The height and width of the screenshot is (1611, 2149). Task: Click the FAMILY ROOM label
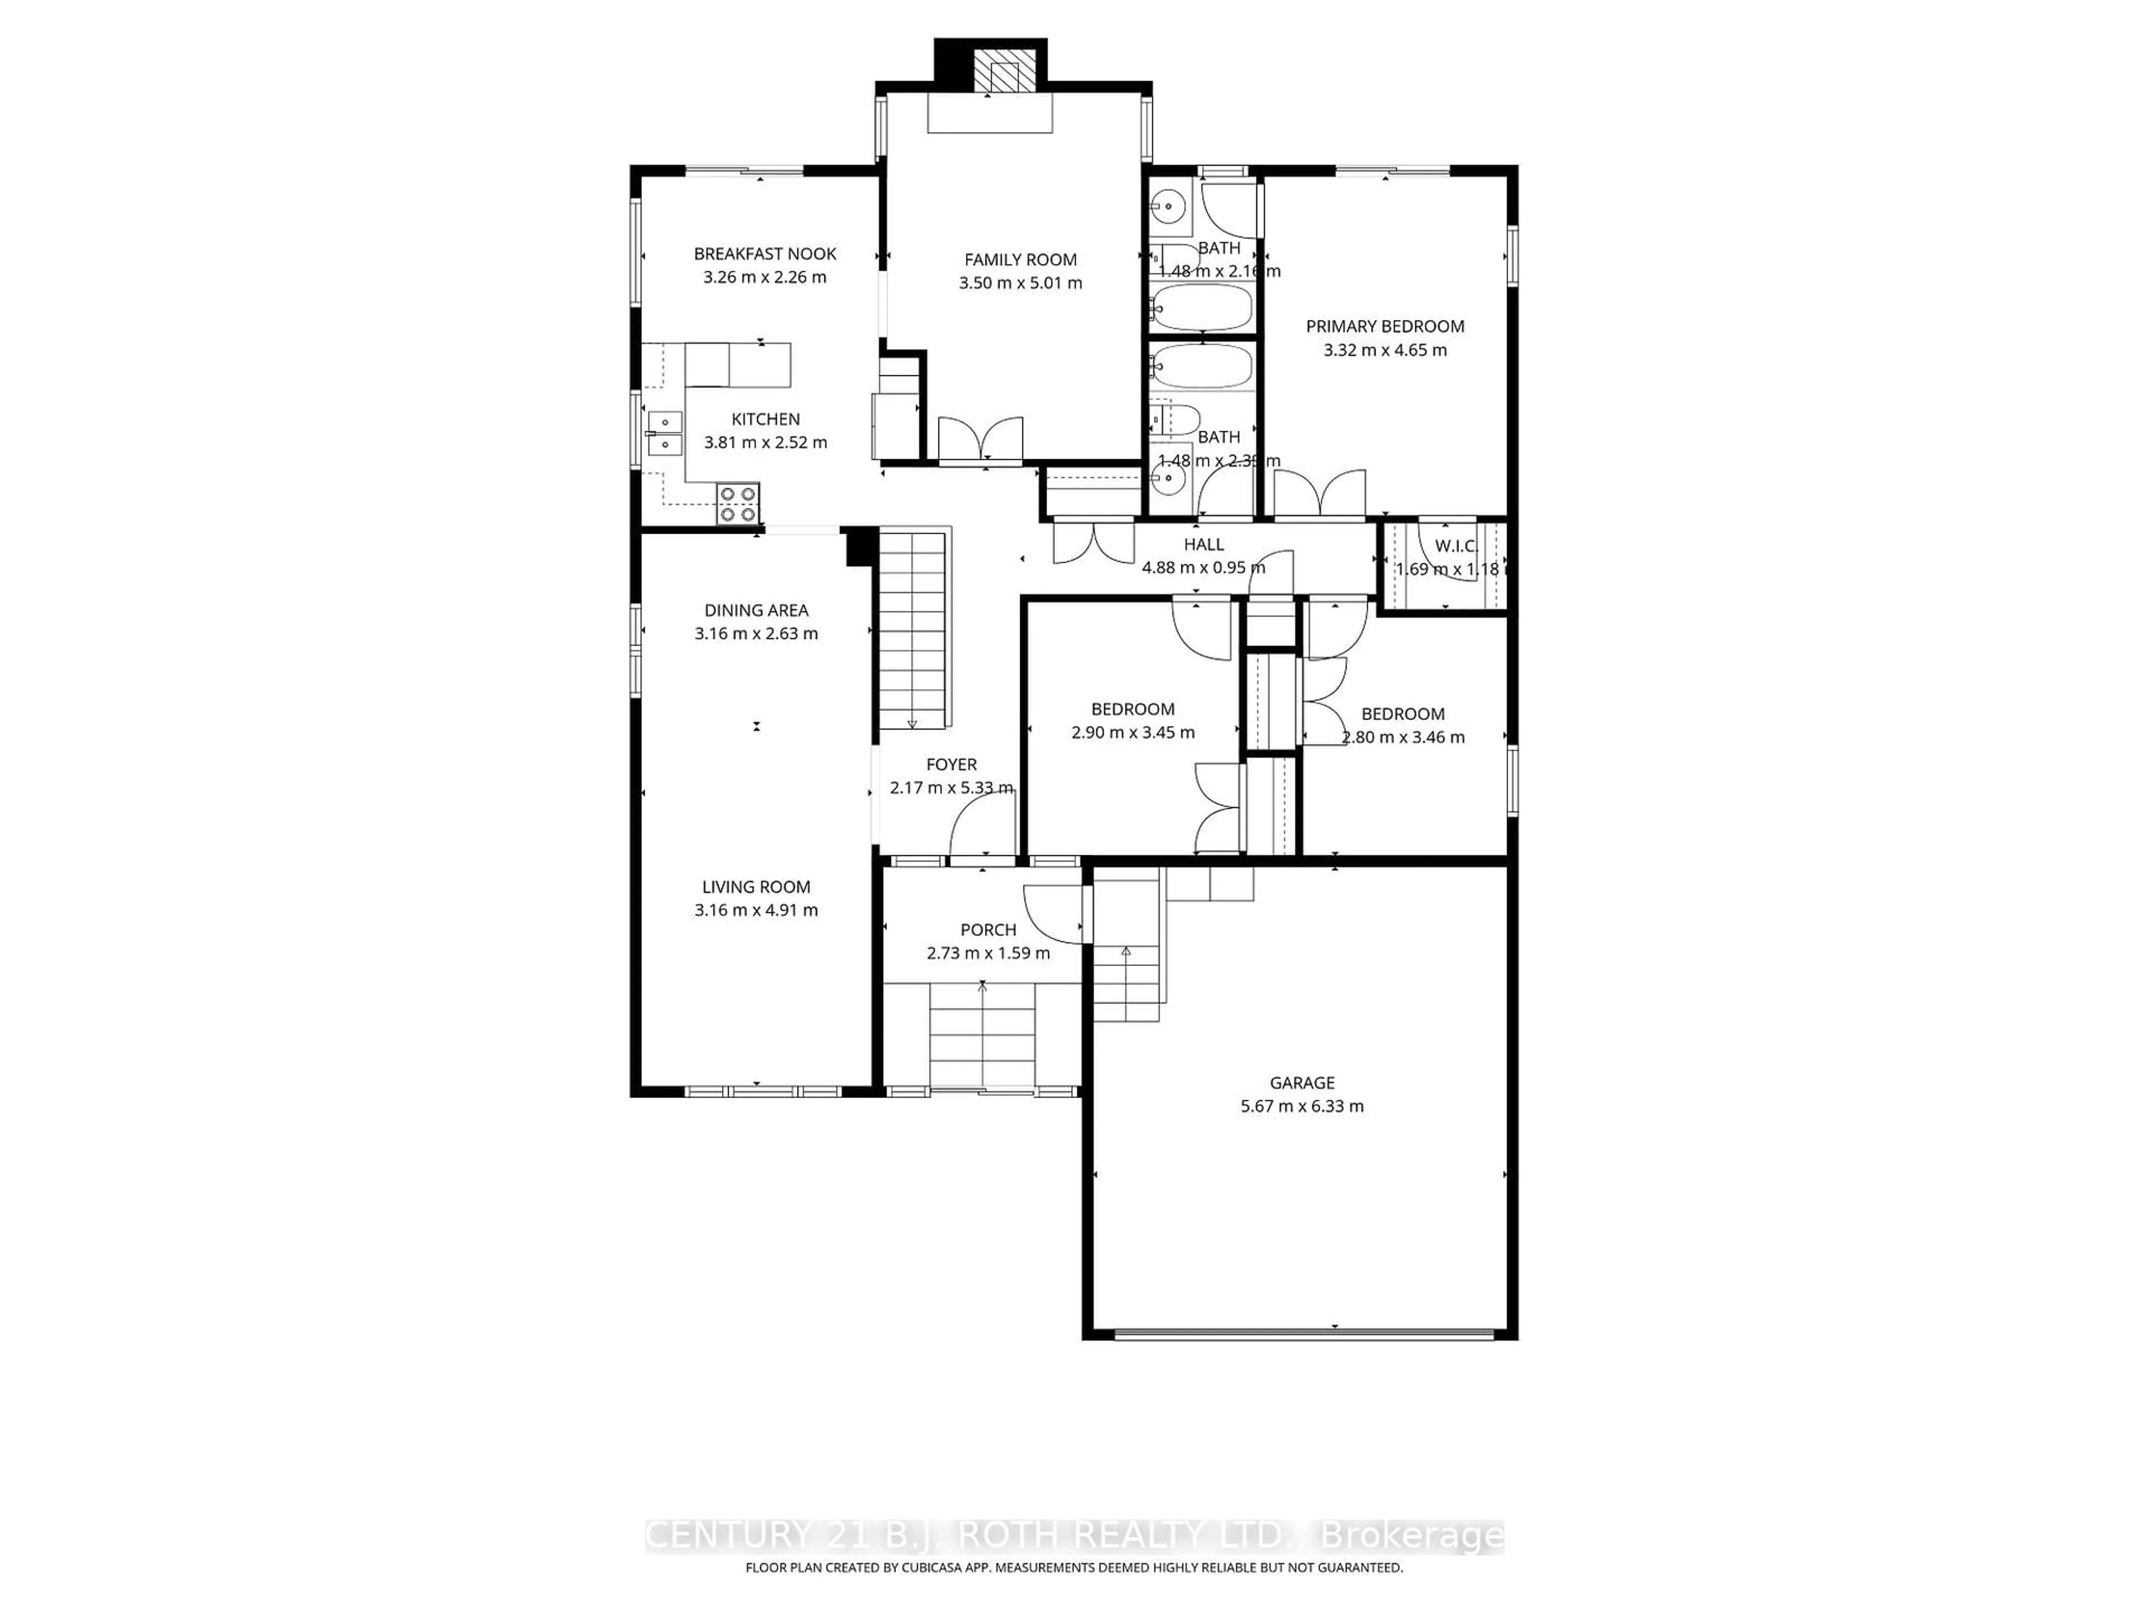click(1020, 260)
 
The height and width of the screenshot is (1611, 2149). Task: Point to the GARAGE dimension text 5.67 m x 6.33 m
click(1302, 1106)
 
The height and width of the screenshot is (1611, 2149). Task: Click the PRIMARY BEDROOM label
click(1385, 326)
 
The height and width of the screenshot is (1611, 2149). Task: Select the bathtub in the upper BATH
click(1202, 308)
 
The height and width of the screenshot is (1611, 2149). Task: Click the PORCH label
click(988, 929)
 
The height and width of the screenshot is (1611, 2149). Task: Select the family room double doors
click(981, 439)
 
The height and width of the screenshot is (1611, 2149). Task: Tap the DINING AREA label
click(756, 610)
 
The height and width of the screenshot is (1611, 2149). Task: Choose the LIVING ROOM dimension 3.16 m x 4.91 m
click(756, 910)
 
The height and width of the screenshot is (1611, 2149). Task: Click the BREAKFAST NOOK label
click(764, 253)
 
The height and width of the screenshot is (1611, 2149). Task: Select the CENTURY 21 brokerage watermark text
click(1073, 1535)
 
